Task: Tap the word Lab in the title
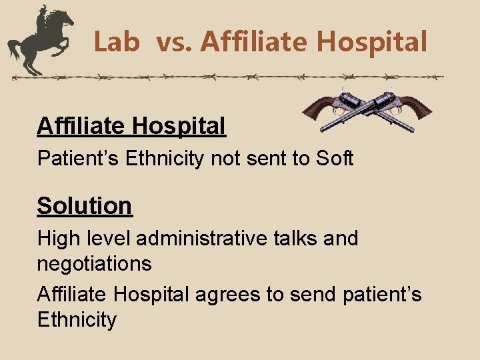[117, 43]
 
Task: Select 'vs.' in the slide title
[175, 43]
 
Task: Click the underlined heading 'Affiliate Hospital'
[131, 125]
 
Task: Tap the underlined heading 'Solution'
[85, 205]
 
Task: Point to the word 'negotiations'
[94, 264]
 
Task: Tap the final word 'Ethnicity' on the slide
[77, 319]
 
